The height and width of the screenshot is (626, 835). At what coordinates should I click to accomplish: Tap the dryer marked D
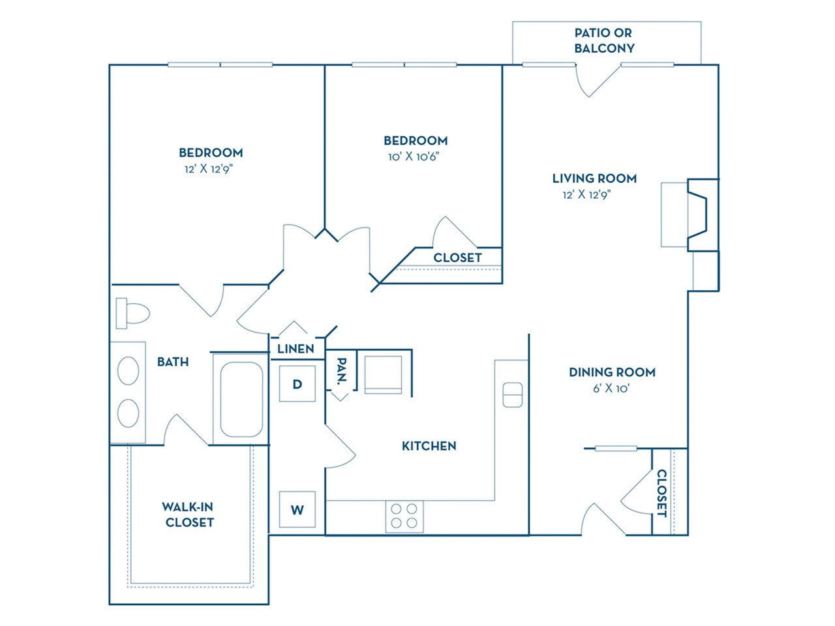coord(297,384)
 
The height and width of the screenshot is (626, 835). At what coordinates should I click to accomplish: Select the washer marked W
coord(297,509)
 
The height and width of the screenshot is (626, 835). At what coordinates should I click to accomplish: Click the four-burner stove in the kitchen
coord(404,516)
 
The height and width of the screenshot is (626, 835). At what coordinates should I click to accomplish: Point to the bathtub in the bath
coord(241,399)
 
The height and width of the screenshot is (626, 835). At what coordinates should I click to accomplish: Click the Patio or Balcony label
coord(604,40)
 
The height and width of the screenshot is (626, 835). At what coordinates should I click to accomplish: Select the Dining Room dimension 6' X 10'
coord(612,389)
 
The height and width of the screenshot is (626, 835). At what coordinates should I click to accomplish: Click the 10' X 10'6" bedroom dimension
coord(416,156)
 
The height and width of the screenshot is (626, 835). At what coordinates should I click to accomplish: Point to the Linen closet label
coord(296,349)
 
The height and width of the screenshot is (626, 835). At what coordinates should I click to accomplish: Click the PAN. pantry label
coord(341,370)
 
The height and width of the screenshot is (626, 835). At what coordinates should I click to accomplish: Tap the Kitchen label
coord(429,446)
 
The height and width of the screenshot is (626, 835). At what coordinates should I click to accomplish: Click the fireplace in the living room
coord(699,215)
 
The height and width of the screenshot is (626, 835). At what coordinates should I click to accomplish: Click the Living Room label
coord(594,178)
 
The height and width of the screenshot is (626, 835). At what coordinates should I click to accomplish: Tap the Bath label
coord(173,361)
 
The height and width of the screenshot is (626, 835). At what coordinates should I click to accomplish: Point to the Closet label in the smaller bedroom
coord(457,258)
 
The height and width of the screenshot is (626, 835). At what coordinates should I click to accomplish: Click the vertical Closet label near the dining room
coord(661,493)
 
